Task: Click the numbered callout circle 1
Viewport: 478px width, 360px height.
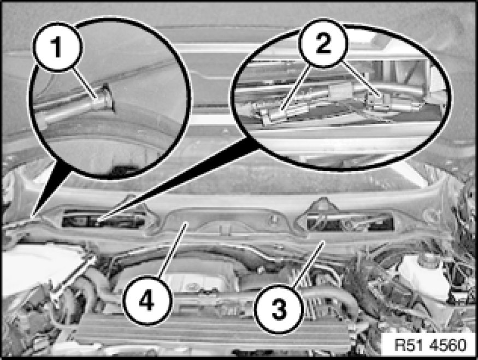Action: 57,47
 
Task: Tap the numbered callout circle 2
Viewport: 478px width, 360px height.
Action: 323,43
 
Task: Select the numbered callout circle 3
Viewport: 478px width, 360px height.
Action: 279,309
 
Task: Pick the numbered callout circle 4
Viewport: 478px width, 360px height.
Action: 147,301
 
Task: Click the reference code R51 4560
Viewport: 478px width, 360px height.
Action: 430,345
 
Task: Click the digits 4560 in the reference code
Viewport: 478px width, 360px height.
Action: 448,345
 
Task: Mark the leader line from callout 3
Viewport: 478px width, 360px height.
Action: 308,264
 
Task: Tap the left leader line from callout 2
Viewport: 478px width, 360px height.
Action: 296,88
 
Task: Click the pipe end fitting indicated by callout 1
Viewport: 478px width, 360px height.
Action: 104,98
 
